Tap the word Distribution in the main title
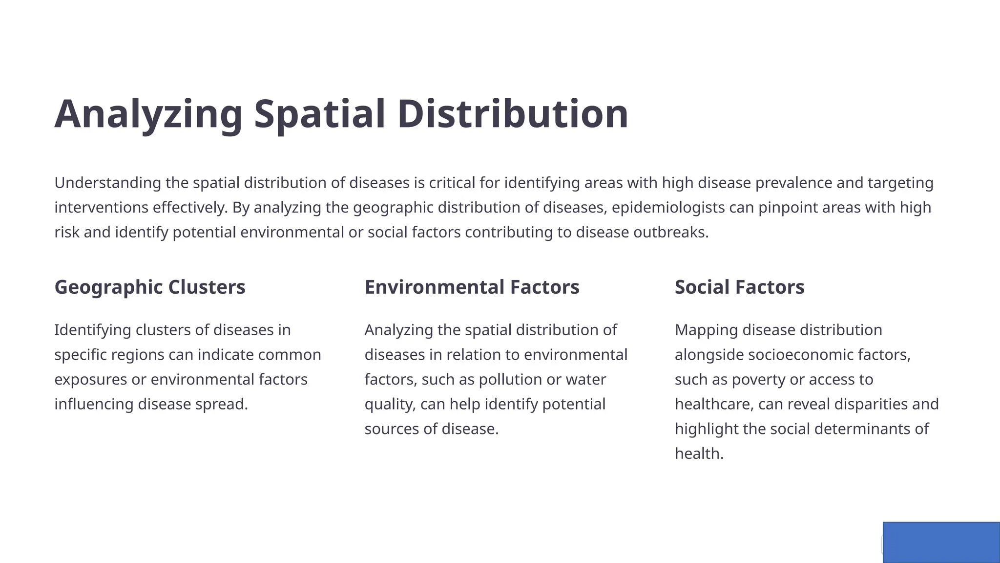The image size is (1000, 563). pos(513,114)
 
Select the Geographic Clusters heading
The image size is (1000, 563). pos(150,287)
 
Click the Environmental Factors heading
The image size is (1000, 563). pos(472,287)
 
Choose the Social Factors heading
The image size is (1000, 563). pos(739,287)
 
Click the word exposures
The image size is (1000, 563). pos(91,379)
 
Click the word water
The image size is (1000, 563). pos(585,379)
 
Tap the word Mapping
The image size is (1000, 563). pos(706,330)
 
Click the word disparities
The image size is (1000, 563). pos(871,404)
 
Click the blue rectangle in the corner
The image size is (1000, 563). pos(941,542)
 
